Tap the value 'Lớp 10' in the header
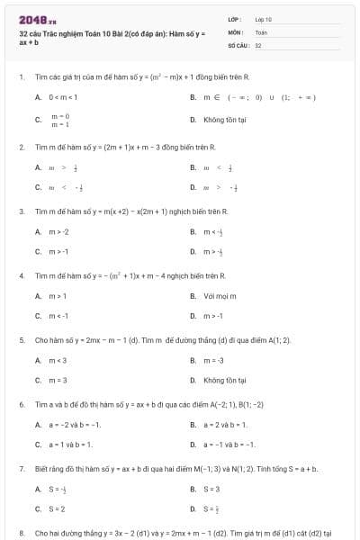coord(263,18)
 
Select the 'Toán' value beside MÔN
coord(261,31)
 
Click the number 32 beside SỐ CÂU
coord(258,44)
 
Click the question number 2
coord(21,146)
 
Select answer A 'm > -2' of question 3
coord(58,231)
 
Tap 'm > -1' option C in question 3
coord(58,252)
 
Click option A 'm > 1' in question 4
coord(58,295)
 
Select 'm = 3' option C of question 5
coord(58,381)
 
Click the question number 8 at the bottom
coord(21,534)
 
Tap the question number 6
coord(21,405)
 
